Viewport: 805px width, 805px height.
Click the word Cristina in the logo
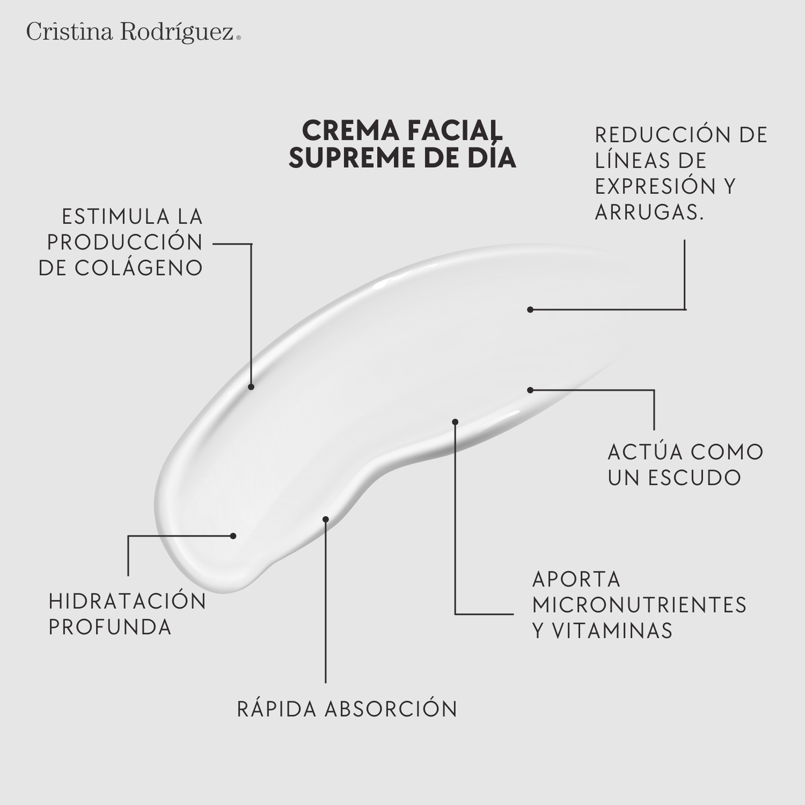tap(69, 32)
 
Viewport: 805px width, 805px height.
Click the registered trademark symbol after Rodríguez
tap(239, 38)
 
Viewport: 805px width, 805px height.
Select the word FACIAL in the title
tap(454, 131)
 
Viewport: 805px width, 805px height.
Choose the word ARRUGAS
tap(649, 212)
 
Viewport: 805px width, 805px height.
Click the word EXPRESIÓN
tap(655, 186)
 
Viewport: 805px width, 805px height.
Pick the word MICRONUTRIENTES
tap(640, 605)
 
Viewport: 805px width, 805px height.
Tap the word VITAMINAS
tap(612, 631)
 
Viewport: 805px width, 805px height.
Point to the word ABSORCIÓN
tap(391, 709)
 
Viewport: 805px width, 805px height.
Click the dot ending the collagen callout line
tap(251, 387)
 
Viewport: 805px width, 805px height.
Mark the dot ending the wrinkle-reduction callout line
tap(530, 310)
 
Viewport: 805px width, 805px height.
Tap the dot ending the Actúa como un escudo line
tap(530, 390)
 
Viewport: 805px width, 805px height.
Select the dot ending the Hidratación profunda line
tap(233, 536)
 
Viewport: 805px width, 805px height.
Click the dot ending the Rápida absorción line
tap(326, 519)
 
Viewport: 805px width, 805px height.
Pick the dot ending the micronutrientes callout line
tap(455, 422)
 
